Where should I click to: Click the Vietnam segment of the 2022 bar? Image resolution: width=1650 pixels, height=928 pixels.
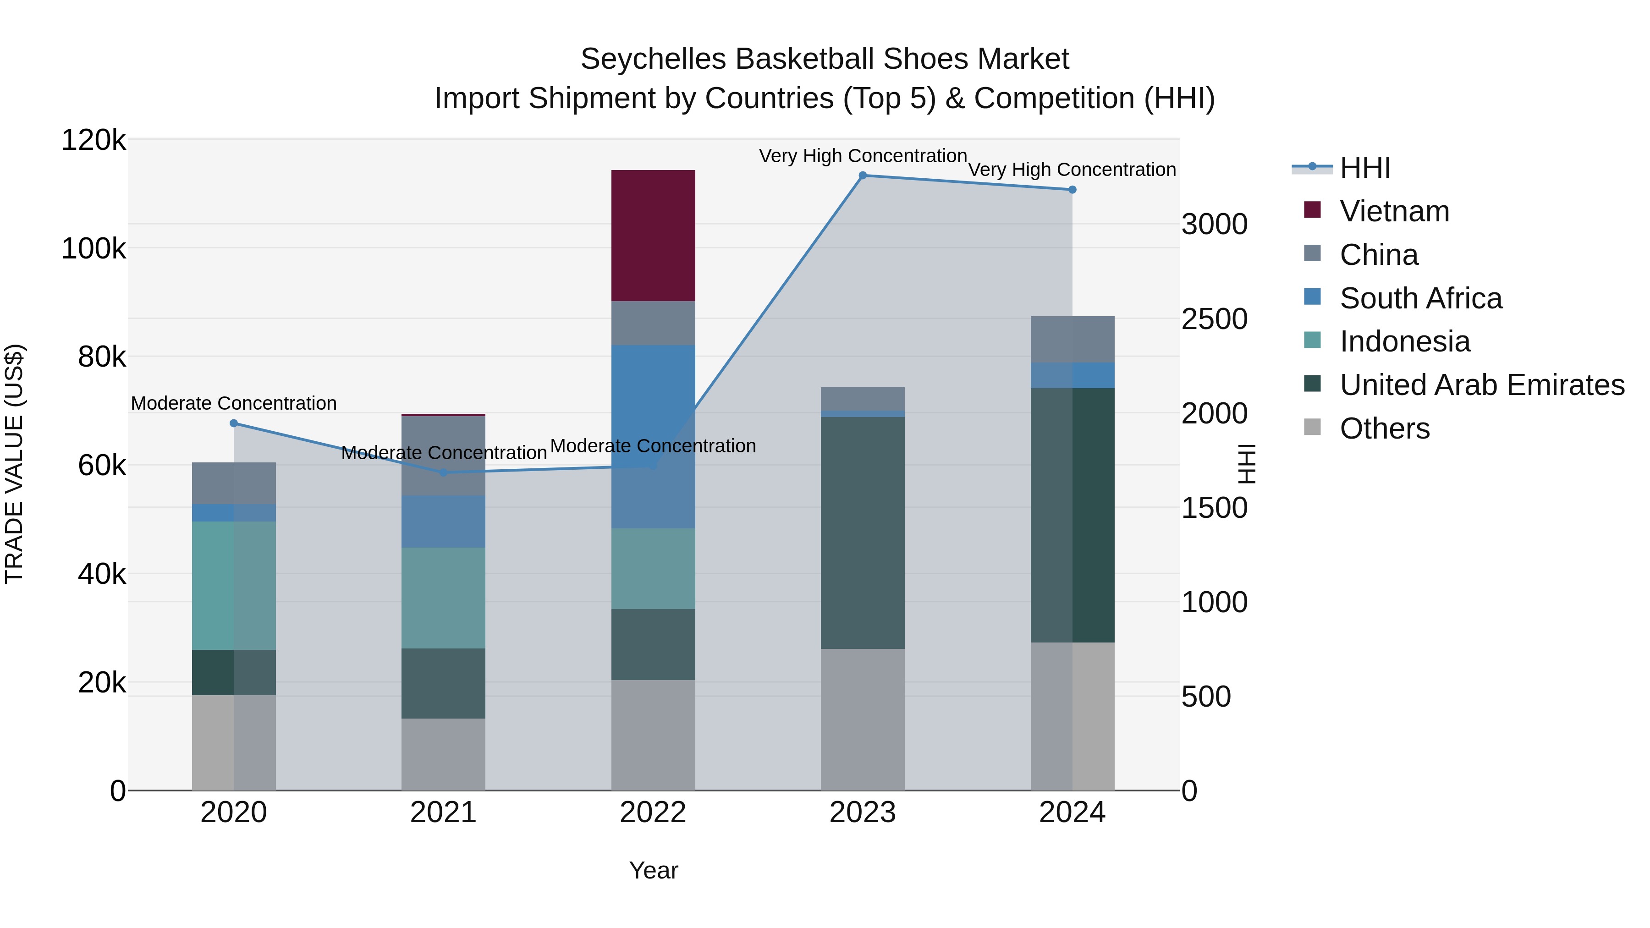(x=653, y=235)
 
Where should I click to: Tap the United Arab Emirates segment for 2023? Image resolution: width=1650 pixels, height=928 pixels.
(x=862, y=532)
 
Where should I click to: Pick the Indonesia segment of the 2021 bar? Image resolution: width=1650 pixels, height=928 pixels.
(x=443, y=598)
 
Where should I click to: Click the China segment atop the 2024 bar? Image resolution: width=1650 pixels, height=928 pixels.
(x=1072, y=340)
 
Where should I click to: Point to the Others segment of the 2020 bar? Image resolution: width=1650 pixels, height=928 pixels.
(x=234, y=742)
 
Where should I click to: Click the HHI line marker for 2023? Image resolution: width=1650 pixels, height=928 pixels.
(x=862, y=176)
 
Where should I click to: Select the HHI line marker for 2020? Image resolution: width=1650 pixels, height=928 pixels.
(x=234, y=423)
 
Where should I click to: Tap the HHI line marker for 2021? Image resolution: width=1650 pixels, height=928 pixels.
(x=443, y=472)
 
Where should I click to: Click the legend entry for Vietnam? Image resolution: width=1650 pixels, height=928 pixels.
(x=1394, y=211)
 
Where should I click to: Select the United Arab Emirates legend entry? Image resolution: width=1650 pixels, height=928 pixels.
(x=1481, y=385)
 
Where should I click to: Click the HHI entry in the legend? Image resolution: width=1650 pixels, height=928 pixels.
(x=1364, y=168)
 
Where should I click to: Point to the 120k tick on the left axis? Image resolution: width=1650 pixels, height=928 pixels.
(x=93, y=140)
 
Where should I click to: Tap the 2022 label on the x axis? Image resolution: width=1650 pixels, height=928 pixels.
(x=653, y=813)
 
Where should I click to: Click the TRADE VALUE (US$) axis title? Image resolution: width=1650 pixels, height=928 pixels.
(x=14, y=464)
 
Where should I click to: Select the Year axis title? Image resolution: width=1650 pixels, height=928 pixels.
(x=653, y=870)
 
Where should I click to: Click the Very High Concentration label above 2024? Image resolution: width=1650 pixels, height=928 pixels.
(x=1072, y=170)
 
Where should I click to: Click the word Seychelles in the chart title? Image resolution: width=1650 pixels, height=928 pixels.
(x=653, y=59)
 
